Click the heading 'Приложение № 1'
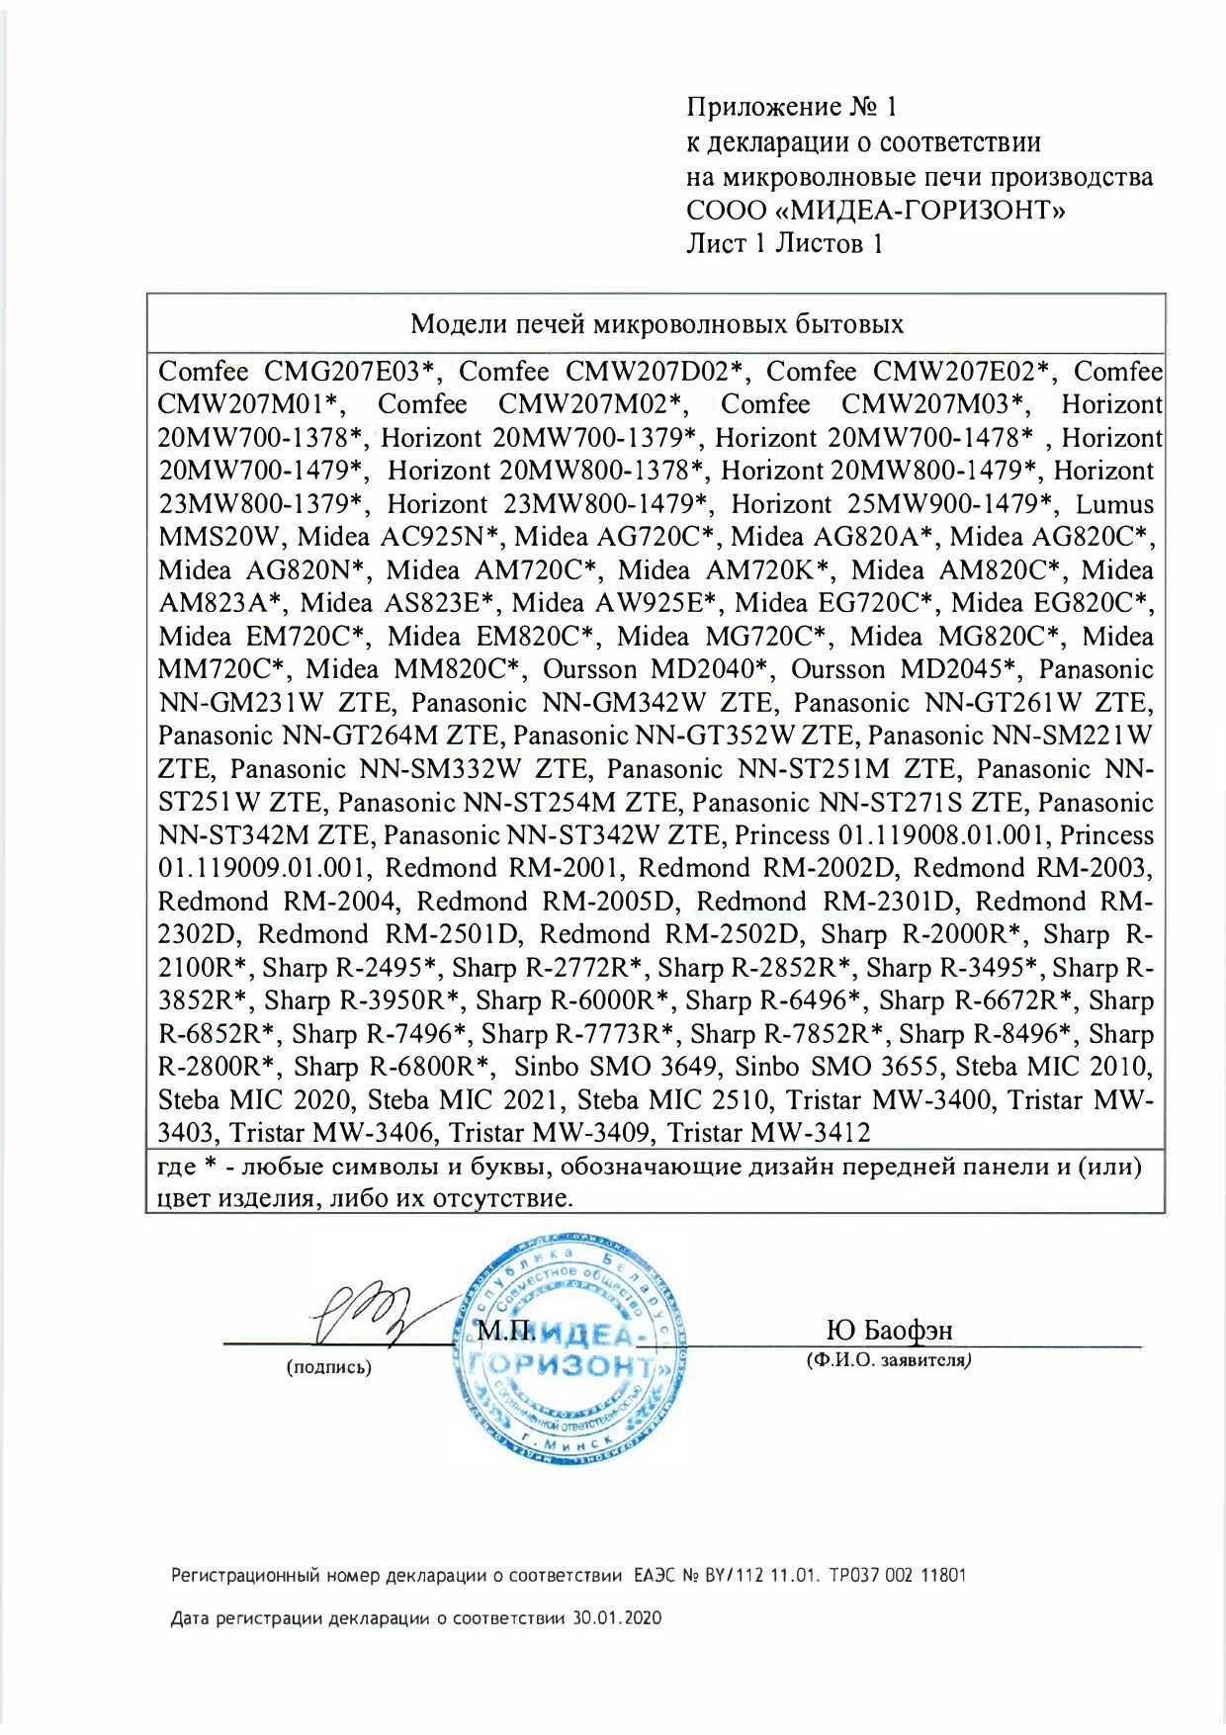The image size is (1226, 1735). [791, 107]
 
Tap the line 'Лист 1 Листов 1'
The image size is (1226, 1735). [784, 244]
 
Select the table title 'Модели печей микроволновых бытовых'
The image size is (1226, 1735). [657, 324]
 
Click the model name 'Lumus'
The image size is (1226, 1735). [1114, 504]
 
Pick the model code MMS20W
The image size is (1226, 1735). [219, 538]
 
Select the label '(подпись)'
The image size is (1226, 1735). [329, 1368]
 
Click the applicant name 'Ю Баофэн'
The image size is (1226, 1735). [889, 1331]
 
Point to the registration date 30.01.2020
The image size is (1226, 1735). [617, 1618]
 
